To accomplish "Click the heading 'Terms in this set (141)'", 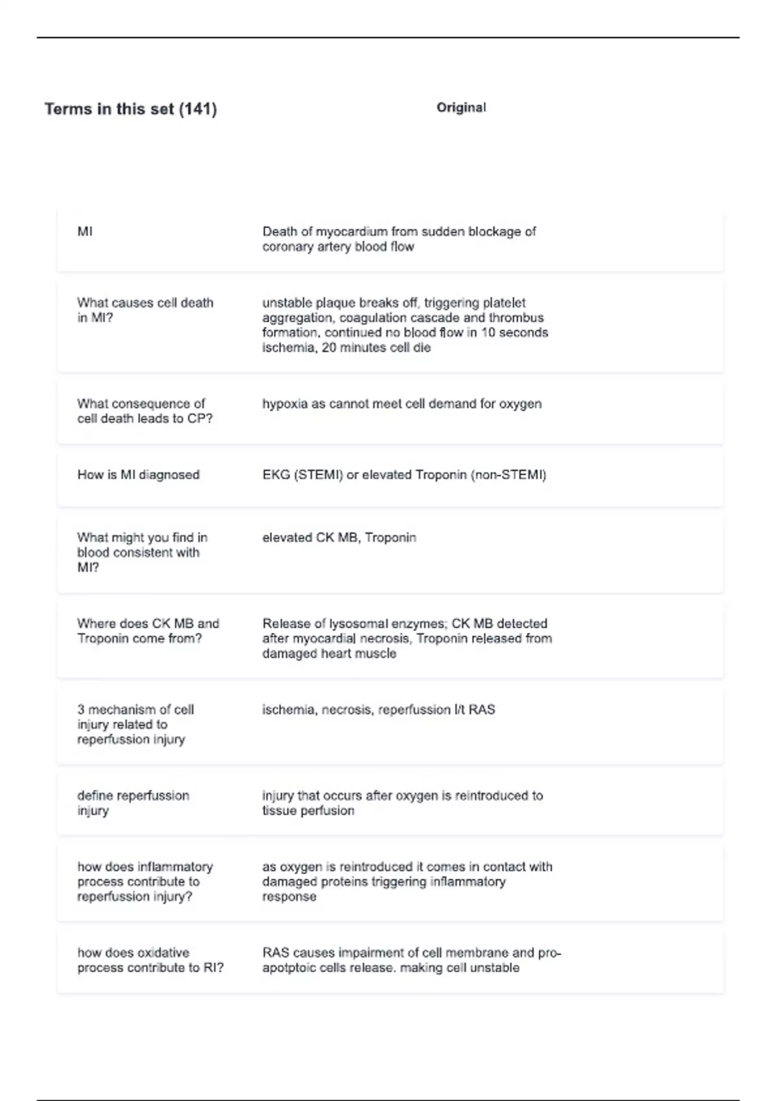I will click(x=130, y=109).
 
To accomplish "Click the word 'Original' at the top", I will click(x=461, y=108).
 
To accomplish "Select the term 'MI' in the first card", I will click(x=85, y=231).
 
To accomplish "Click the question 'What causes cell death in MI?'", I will click(x=144, y=310).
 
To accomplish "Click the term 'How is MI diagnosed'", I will click(x=138, y=475).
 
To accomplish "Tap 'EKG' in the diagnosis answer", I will click(x=276, y=475).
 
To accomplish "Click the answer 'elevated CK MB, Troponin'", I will click(x=339, y=538).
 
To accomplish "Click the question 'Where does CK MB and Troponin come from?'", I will click(x=148, y=631).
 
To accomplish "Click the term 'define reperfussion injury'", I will click(x=133, y=802).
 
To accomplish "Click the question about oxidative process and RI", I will click(x=150, y=960).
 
